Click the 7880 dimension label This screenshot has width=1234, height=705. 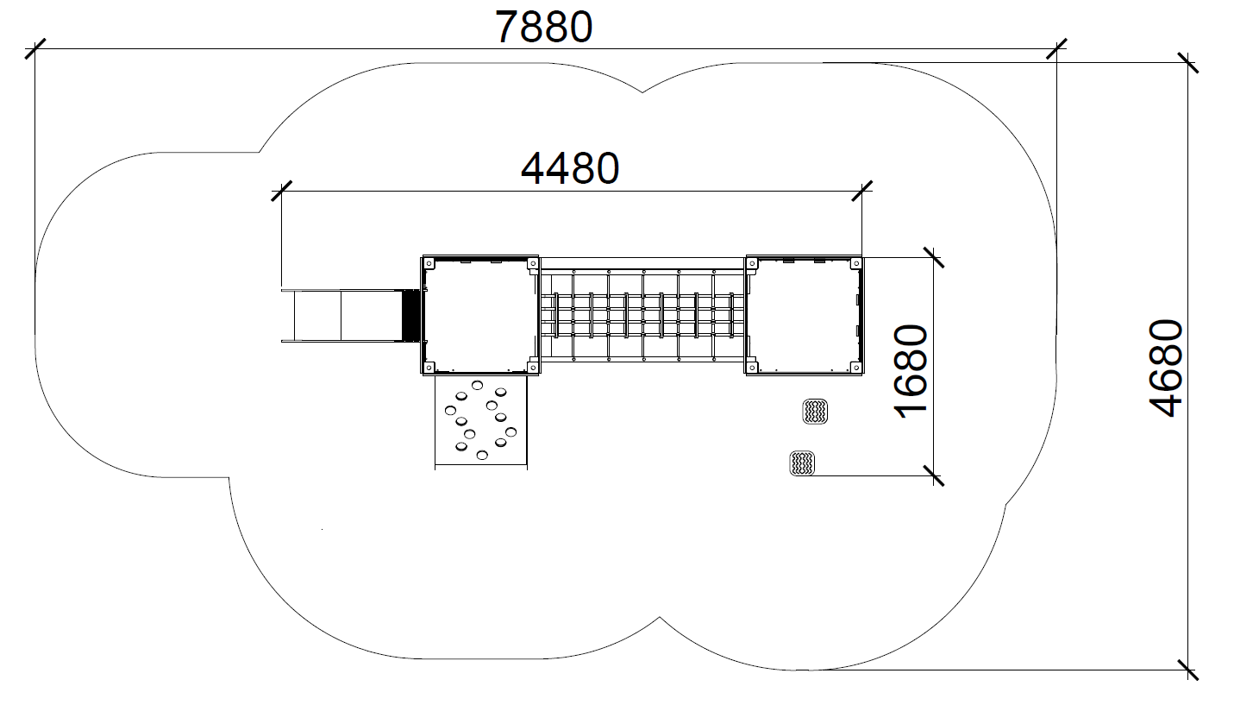point(544,27)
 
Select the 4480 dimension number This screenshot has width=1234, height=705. point(570,168)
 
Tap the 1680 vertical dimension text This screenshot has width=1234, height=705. point(911,372)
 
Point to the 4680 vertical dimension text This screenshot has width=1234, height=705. point(1166,368)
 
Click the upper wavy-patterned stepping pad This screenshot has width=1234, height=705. point(815,412)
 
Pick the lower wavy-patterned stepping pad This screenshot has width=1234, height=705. point(802,463)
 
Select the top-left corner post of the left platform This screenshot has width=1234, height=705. point(429,263)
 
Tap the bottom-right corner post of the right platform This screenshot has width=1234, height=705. point(855,367)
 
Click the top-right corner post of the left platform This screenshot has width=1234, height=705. point(532,263)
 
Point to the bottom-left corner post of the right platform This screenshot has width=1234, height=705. point(753,367)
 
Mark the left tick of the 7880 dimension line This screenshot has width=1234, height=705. point(35,48)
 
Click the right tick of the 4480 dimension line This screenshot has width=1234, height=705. point(862,191)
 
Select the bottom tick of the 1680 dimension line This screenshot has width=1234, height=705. point(934,475)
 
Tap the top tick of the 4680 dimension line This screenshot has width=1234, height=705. point(1187,62)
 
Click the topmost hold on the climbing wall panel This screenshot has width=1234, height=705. point(477,385)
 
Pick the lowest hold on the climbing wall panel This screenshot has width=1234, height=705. point(482,455)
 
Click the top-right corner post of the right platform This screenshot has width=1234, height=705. point(855,263)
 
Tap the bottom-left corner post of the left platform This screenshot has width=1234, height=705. point(429,367)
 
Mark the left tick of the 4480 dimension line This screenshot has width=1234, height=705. point(281,191)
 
